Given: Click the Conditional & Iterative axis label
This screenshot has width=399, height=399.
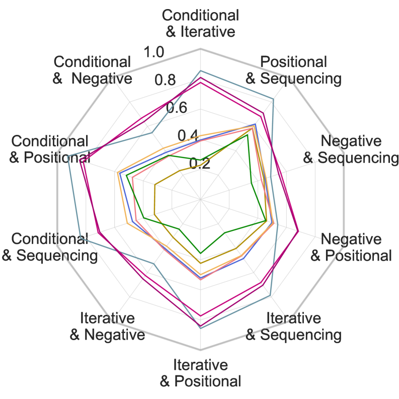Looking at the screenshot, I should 200,23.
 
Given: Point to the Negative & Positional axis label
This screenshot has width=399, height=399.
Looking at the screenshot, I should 351,247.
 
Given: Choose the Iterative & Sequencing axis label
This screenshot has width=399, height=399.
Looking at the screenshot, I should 293,326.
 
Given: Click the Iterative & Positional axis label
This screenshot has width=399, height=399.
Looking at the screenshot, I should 200,373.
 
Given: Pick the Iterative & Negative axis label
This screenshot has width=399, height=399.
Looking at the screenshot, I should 107,326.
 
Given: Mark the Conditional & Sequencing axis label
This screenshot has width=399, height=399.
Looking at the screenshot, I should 50,247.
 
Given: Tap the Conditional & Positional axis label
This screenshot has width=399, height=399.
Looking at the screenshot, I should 50,149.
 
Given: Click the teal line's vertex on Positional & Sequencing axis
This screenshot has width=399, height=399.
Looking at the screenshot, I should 273,99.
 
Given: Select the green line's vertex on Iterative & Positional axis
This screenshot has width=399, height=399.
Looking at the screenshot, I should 201,253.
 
